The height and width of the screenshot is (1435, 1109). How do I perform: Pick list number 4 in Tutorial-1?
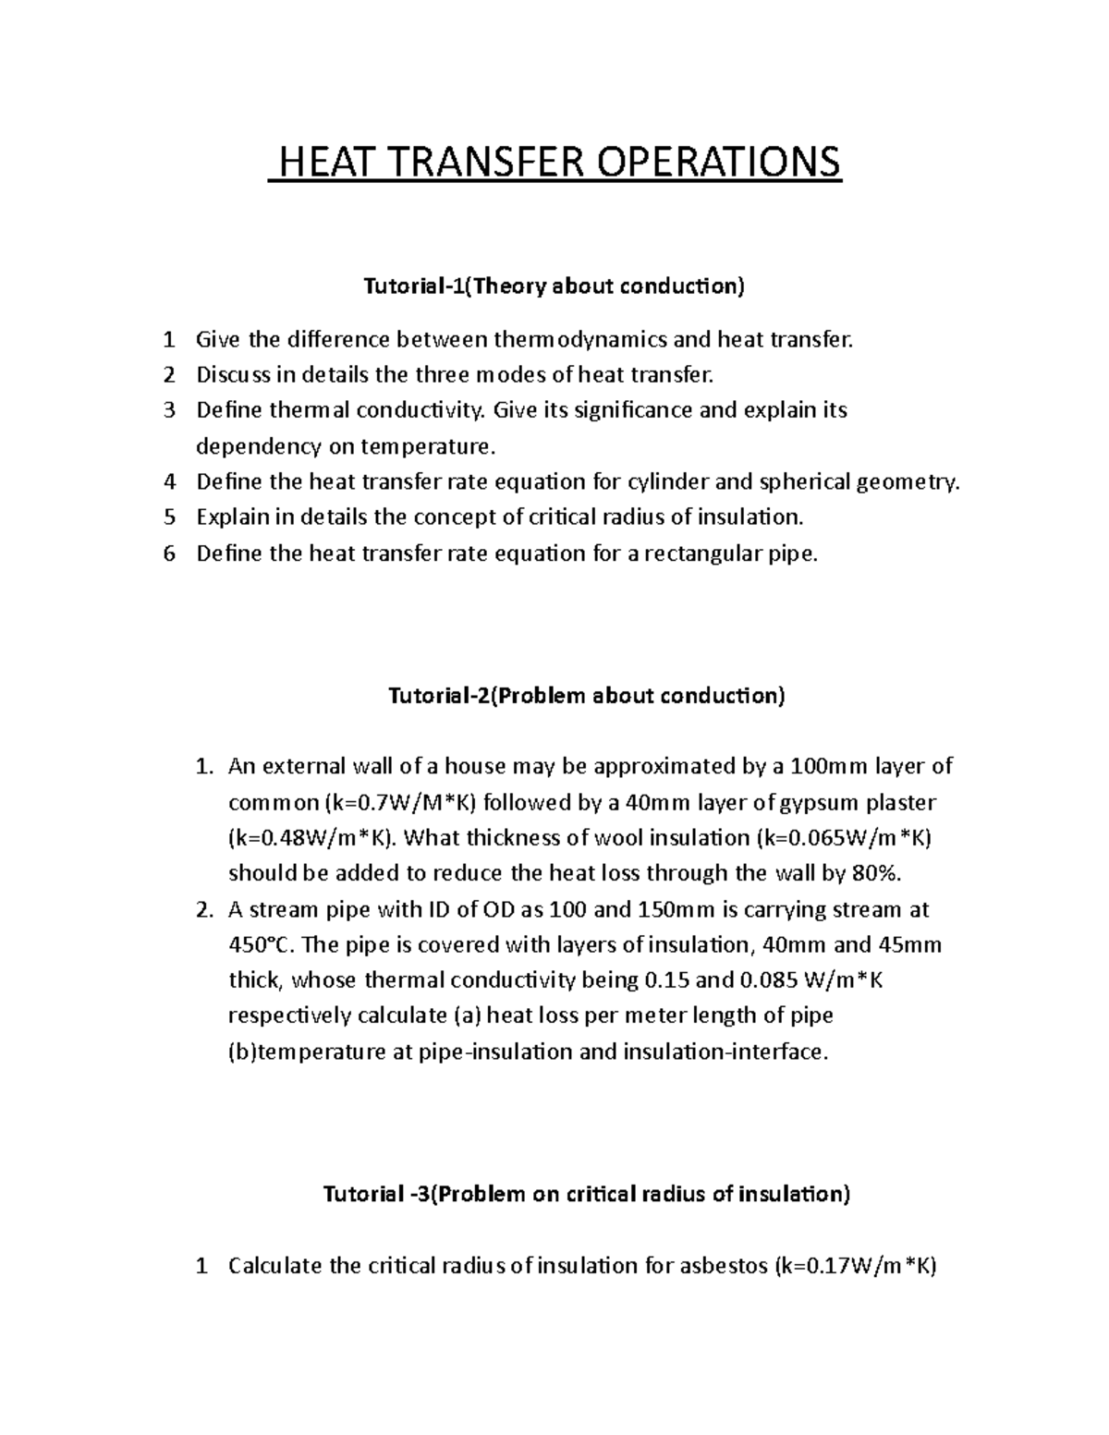[x=168, y=481]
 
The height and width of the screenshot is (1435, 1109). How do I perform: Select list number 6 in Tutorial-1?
[x=168, y=553]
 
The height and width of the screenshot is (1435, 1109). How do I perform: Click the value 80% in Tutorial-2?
[x=884, y=873]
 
